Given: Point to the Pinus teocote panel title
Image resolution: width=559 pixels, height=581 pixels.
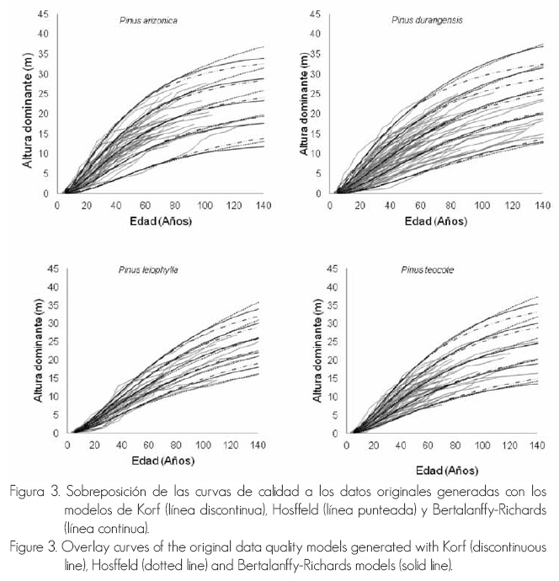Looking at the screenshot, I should click(423, 271).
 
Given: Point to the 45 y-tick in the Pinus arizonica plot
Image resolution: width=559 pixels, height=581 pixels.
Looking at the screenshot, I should click(44, 14).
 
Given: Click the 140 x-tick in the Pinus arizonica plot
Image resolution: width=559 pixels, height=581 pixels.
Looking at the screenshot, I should click(264, 205).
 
